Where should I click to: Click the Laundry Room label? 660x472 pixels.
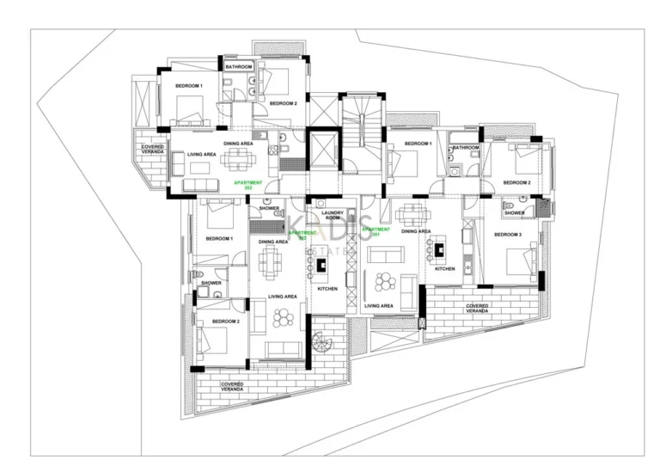click(332, 215)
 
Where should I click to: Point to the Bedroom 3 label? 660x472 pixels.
click(507, 235)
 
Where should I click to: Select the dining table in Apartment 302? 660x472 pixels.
click(235, 159)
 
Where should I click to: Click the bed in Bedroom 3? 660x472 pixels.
click(519, 258)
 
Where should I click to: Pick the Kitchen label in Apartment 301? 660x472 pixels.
click(444, 268)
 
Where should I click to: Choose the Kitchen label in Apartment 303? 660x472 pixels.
click(327, 289)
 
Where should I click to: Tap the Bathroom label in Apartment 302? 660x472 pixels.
click(238, 67)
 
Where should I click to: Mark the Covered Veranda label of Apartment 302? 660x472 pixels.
click(153, 150)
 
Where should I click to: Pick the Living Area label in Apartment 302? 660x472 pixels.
click(201, 155)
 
